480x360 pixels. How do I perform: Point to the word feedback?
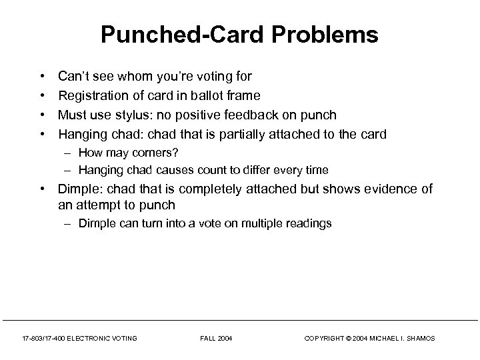[x=270, y=115]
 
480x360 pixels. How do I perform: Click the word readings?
[x=308, y=223]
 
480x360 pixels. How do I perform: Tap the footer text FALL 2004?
[x=215, y=339]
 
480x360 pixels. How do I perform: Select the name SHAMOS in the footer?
[x=419, y=339]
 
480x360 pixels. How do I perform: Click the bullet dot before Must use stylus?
[x=42, y=115]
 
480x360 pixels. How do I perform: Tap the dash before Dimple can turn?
[x=69, y=223]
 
